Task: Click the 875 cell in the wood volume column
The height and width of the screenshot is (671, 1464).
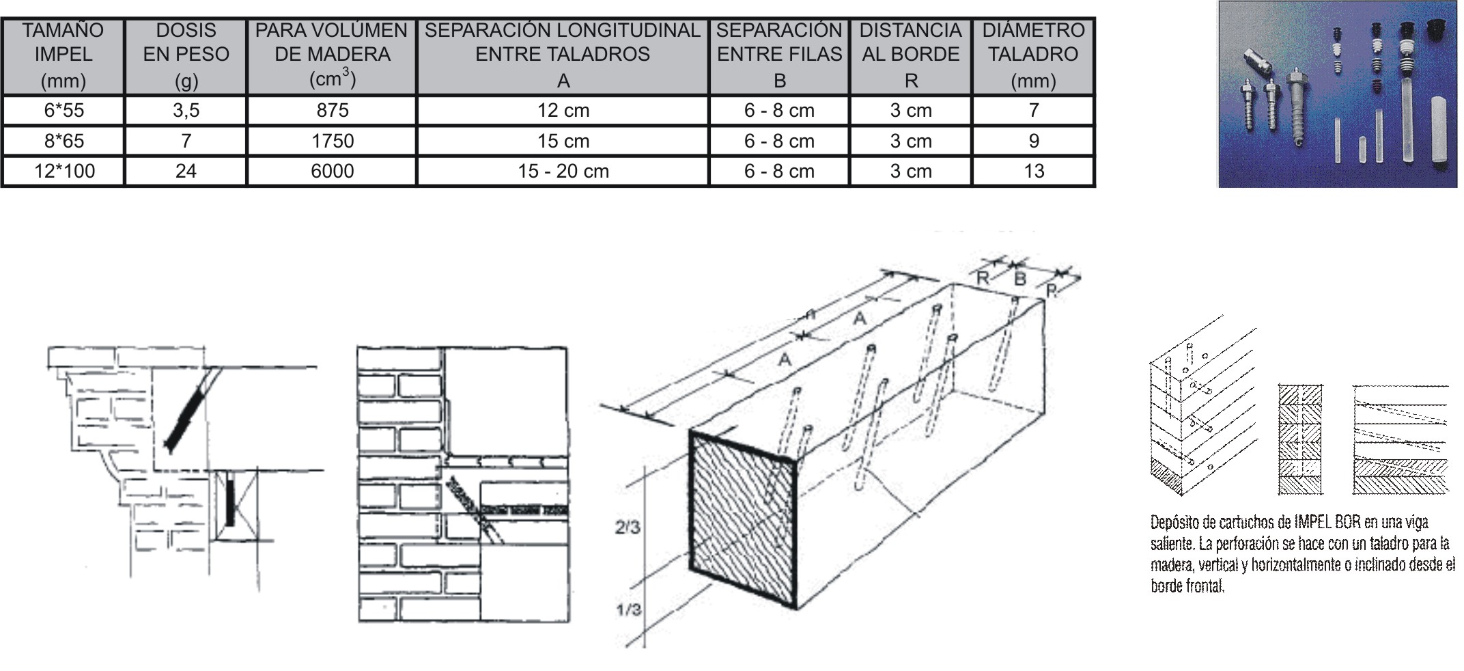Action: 332,110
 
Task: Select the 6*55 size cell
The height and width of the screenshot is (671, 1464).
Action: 64,110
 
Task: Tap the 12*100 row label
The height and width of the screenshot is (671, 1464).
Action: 64,171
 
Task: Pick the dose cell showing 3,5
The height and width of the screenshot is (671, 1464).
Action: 186,110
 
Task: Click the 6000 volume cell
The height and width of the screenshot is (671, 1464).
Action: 332,171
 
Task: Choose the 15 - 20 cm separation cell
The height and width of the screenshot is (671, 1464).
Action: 563,171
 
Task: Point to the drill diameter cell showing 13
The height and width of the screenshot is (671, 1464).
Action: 1033,171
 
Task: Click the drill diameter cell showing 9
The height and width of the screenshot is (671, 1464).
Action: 1033,141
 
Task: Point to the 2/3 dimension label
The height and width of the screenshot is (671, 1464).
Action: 628,528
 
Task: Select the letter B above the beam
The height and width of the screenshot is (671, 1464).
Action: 1020,278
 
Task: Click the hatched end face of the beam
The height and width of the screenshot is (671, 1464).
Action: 743,519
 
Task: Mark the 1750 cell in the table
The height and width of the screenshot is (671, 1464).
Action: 332,141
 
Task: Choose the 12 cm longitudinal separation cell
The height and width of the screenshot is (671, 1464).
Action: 563,110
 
